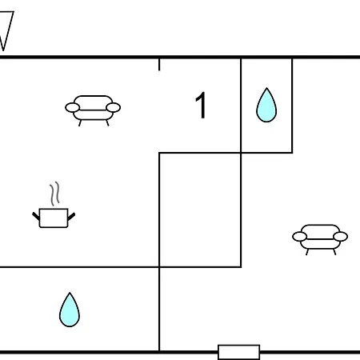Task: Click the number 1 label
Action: [x=201, y=105]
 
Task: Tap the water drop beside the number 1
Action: [x=266, y=106]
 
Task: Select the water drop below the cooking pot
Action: [x=70, y=310]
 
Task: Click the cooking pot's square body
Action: [x=54, y=218]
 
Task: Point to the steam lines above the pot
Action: [x=54, y=194]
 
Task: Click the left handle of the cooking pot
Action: [x=36, y=216]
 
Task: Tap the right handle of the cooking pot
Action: [x=71, y=217]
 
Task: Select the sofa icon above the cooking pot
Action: [x=93, y=110]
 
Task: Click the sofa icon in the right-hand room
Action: [x=320, y=239]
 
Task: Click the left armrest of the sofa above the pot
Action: [x=72, y=108]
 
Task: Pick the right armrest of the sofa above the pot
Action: [x=114, y=108]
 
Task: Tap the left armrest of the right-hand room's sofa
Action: [x=299, y=237]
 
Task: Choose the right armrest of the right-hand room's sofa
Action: [x=341, y=237]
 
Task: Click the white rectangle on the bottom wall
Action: [x=239, y=352]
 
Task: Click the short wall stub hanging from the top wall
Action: [x=159, y=65]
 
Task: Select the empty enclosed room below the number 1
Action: [x=200, y=210]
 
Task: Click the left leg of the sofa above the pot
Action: [x=80, y=123]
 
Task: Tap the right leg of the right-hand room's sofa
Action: [x=334, y=252]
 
